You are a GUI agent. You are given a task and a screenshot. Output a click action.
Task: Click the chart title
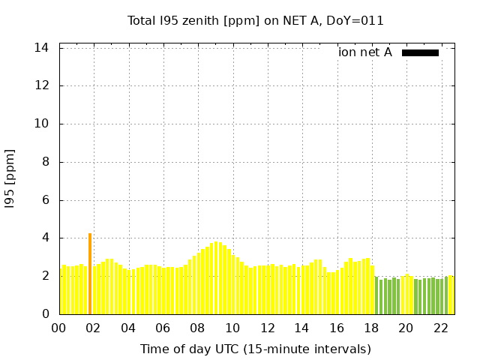coord(255,21)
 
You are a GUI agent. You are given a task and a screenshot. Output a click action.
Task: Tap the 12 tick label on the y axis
coord(42,85)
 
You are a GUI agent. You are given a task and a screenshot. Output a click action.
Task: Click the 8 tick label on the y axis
coord(45,162)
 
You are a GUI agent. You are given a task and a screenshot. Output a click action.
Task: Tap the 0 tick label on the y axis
coord(45,314)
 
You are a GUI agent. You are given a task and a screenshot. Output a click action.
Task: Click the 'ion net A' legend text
coord(365,52)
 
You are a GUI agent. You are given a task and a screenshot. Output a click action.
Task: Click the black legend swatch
coord(420,52)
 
